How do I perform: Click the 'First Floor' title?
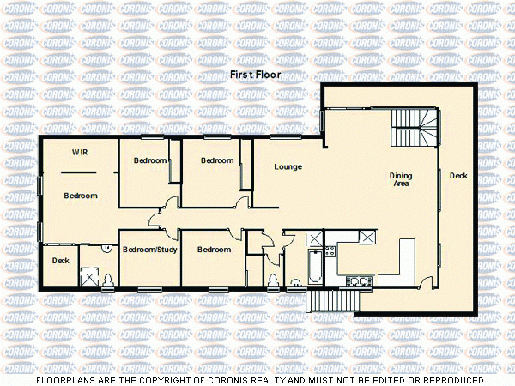(x=255, y=75)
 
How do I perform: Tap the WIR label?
(x=80, y=153)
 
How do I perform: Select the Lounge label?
(x=288, y=166)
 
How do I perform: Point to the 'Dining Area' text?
(x=402, y=179)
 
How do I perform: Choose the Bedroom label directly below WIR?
(x=81, y=196)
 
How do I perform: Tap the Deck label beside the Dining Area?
(x=458, y=176)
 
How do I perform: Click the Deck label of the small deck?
(x=60, y=261)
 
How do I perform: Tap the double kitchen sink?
(x=357, y=280)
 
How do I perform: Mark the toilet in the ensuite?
(x=107, y=279)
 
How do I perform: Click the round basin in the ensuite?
(x=106, y=249)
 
